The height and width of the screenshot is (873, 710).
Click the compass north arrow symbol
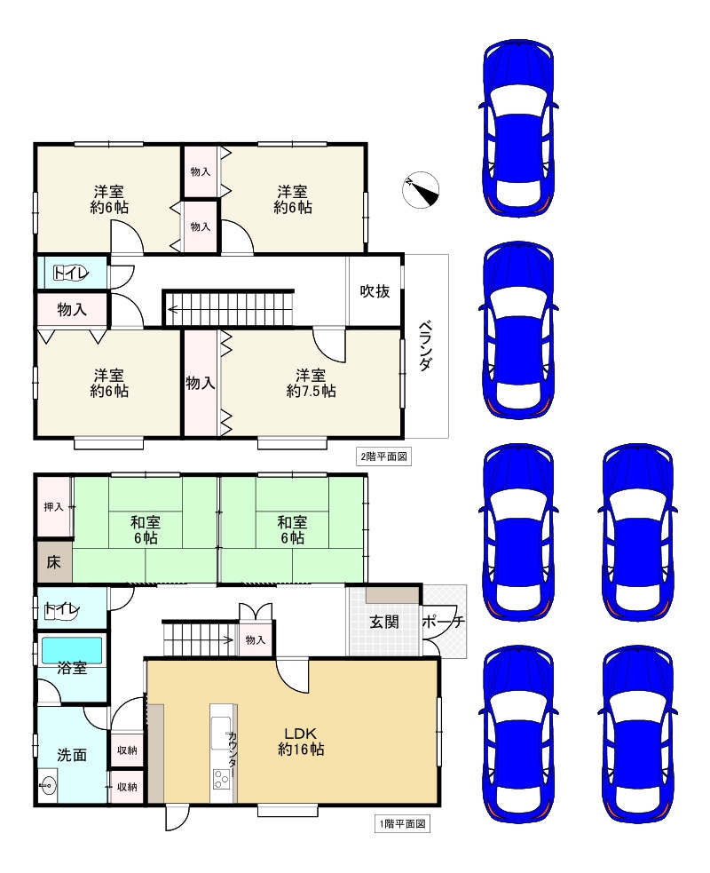pyautogui.click(x=420, y=190)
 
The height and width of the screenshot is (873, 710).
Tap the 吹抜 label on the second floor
pyautogui.click(x=375, y=290)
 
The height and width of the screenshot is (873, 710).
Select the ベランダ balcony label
pyautogui.click(x=425, y=345)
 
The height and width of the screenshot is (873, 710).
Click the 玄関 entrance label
pyautogui.click(x=384, y=622)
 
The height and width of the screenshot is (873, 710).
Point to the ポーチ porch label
pyautogui.click(x=443, y=622)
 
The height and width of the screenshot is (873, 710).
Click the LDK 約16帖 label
pyautogui.click(x=301, y=741)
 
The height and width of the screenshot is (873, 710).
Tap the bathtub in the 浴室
pyautogui.click(x=72, y=650)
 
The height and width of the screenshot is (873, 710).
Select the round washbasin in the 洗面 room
pyautogui.click(x=48, y=786)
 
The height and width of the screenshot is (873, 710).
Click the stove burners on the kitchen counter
pyautogui.click(x=220, y=778)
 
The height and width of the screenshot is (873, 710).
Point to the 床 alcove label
pyautogui.click(x=53, y=562)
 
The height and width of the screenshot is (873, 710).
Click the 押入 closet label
pyautogui.click(x=53, y=506)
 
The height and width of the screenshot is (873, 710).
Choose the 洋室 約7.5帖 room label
pyautogui.click(x=311, y=383)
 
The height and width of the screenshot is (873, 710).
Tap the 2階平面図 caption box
pyautogui.click(x=384, y=457)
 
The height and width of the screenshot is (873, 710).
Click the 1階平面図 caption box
pyautogui.click(x=402, y=823)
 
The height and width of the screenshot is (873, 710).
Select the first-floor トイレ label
pyautogui.click(x=62, y=610)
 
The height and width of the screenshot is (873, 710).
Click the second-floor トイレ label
pyautogui.click(x=71, y=273)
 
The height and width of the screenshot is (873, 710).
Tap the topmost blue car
pyautogui.click(x=518, y=128)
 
